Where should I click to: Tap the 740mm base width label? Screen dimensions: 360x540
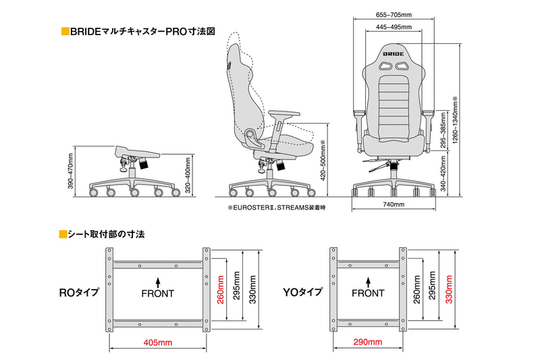[394, 204]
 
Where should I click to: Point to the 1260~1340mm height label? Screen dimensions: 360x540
[456, 126]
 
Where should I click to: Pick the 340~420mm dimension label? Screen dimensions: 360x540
[443, 176]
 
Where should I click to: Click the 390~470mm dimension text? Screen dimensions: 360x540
[70, 174]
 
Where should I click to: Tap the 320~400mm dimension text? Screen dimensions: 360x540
[188, 176]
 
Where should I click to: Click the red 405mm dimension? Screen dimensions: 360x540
[158, 343]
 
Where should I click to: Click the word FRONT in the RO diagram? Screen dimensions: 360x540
[157, 294]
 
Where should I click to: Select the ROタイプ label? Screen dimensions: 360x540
[79, 293]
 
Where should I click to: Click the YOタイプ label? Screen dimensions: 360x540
[302, 293]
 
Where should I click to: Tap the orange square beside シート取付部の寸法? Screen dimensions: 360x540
[63, 235]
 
